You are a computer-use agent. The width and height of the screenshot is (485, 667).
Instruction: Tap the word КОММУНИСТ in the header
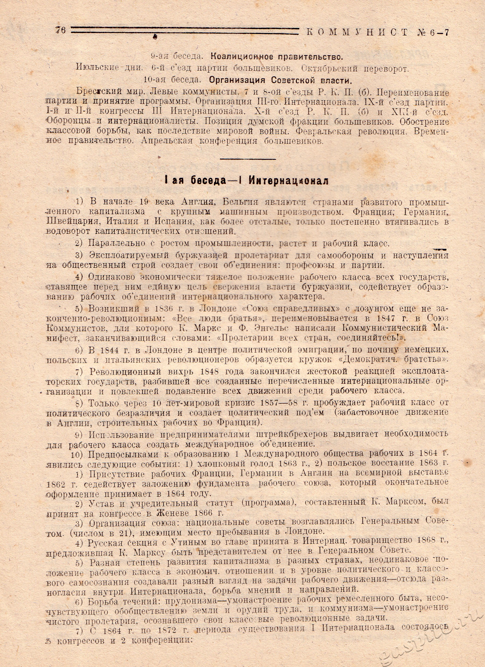pyautogui.click(x=357, y=32)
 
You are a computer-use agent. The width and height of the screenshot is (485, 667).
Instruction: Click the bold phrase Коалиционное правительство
pyautogui.click(x=277, y=57)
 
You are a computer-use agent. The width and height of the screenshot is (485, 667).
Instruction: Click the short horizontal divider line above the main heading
pyautogui.click(x=248, y=159)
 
